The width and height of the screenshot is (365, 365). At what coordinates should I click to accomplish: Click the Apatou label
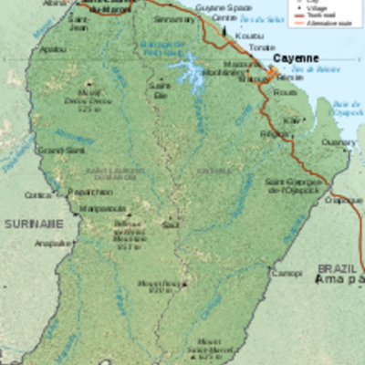coord(53,48)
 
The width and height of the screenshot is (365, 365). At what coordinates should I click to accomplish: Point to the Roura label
coord(285,91)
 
